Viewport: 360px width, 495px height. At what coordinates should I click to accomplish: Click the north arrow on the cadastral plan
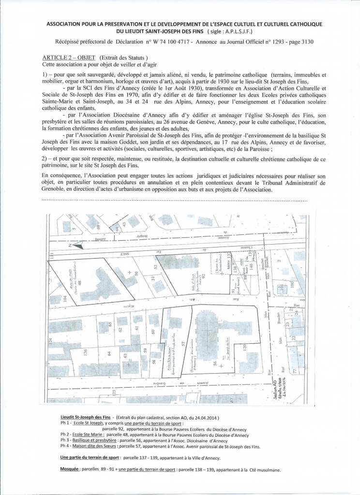click(79, 246)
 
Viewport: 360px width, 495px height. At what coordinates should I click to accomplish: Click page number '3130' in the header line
click(305, 42)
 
